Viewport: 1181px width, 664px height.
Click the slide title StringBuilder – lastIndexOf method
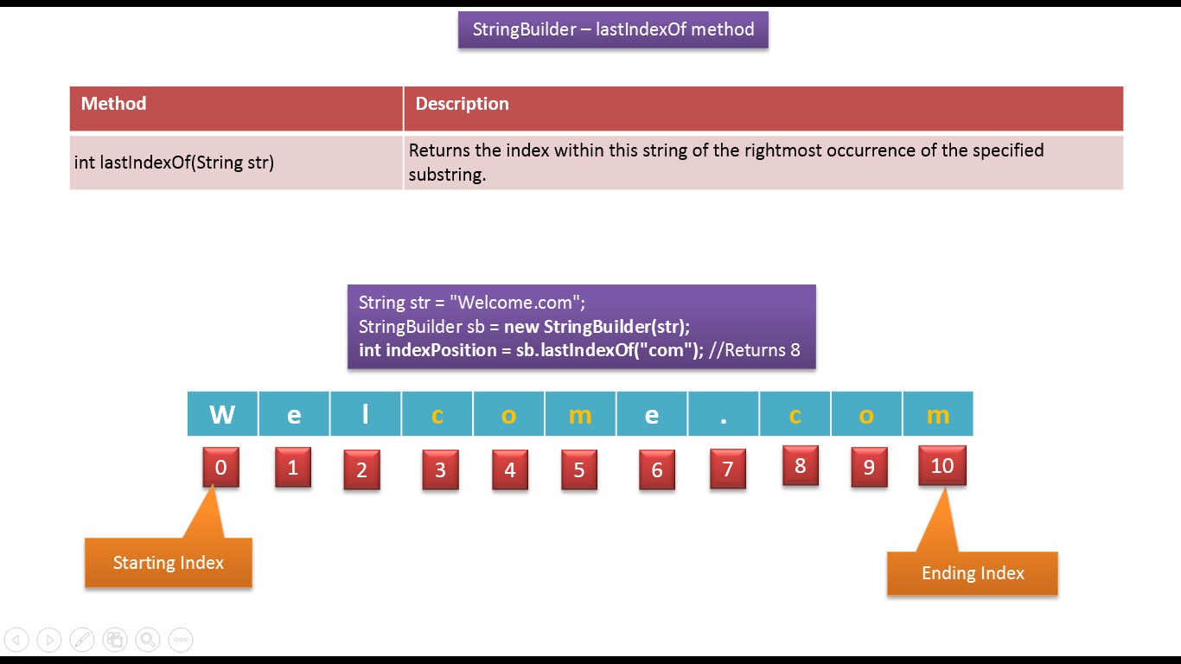pos(613,29)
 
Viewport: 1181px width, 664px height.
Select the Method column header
pos(113,104)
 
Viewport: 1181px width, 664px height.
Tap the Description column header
pos(462,104)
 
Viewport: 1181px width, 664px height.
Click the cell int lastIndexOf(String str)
pos(174,162)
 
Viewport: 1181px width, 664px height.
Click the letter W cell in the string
pos(222,414)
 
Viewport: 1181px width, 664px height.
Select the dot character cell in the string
pos(724,414)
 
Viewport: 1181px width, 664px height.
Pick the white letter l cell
pos(366,414)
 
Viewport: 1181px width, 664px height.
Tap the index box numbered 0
pos(220,468)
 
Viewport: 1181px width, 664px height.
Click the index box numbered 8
pos(800,466)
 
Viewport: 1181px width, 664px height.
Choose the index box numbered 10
pos(942,466)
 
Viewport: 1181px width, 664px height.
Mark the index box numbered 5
pos(578,470)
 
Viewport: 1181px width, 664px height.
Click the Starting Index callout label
pos(169,563)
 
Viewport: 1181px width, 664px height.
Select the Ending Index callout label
pos(973,573)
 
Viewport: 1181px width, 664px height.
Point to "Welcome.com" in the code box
pos(516,303)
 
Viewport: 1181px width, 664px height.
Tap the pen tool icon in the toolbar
pos(81,640)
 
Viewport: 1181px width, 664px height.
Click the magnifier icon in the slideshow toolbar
pos(148,640)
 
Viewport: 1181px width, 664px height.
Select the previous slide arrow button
pos(16,640)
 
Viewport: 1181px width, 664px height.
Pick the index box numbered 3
pos(440,470)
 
